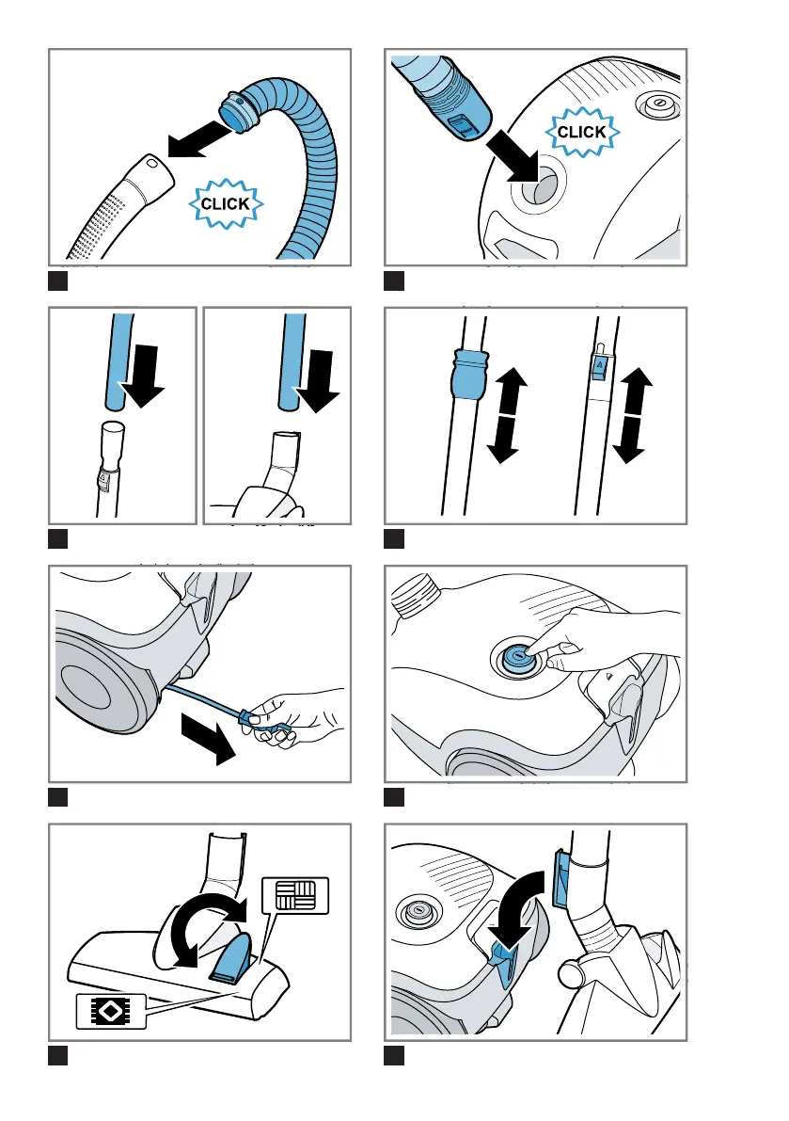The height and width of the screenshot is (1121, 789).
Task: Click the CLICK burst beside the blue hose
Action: pyautogui.click(x=226, y=203)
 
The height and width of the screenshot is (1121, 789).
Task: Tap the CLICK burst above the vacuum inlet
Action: pyautogui.click(x=582, y=133)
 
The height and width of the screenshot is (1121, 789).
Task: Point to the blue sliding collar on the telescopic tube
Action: pyautogui.click(x=468, y=373)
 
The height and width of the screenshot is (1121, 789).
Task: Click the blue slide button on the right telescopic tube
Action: pyautogui.click(x=599, y=364)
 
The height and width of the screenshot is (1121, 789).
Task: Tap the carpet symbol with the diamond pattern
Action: pyautogui.click(x=111, y=1011)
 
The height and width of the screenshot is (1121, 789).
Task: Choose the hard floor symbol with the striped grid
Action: pyautogui.click(x=295, y=895)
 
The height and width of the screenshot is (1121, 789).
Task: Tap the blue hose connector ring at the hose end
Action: pyautogui.click(x=240, y=111)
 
